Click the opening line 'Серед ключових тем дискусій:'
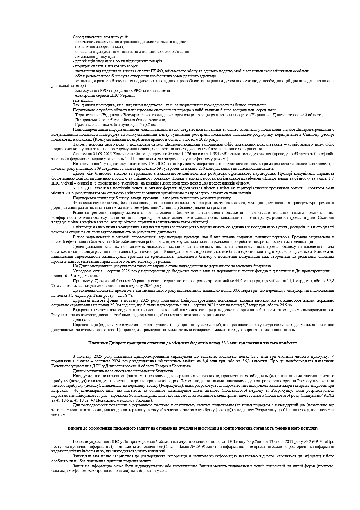pos(100,37)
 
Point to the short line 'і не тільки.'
pos(83,100)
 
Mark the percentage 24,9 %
pos(286,305)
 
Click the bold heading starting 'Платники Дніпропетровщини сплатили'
pos(192,343)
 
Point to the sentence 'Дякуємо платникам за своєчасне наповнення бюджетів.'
pos(123,371)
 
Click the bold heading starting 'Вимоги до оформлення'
pos(192,428)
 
